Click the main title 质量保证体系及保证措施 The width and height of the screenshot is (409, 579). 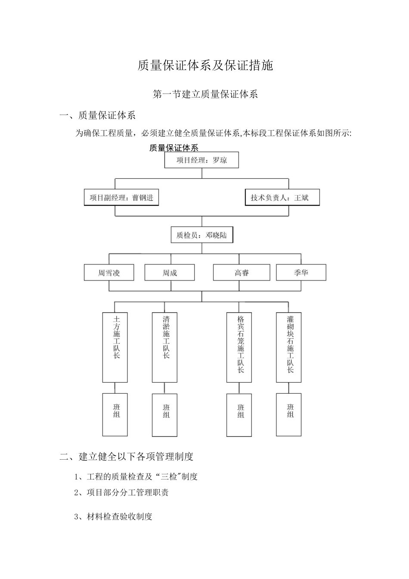coord(205,65)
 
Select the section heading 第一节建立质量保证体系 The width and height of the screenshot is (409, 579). coord(205,94)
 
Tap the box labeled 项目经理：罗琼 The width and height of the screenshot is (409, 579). coord(201,160)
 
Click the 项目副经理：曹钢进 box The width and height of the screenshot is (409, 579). coord(121,198)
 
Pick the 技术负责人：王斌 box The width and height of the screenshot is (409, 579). coord(282,198)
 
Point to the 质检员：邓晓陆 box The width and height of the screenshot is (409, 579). coord(201,235)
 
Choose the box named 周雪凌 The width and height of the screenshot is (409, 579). coord(109,273)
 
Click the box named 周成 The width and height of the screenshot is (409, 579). coord(170,273)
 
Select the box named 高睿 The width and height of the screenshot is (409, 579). coord(242,273)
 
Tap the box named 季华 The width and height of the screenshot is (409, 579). coord(301,273)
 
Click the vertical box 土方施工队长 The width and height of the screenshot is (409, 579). coord(115,347)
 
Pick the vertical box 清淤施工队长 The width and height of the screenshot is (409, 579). coord(165,347)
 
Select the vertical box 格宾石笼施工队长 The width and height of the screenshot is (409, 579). coord(239,347)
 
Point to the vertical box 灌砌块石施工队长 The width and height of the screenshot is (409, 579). coord(289,347)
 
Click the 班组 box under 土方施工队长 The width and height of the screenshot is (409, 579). coord(115,414)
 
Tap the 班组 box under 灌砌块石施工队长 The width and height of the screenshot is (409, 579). coord(289,414)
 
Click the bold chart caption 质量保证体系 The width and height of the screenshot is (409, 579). coord(174,148)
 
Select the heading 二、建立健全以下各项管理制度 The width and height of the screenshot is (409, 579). coord(127,456)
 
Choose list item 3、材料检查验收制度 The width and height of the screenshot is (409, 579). coord(113,517)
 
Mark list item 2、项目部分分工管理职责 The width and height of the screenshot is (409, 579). coord(121,492)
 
